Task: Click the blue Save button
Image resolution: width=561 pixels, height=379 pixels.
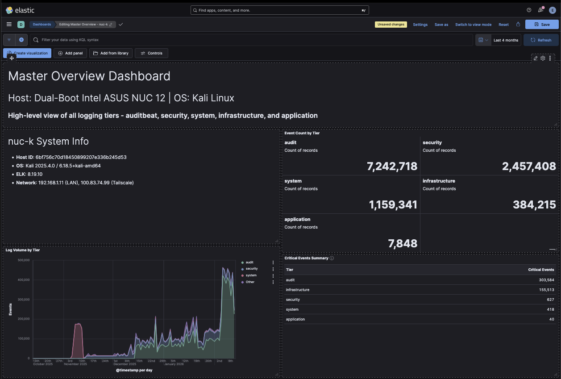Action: [x=541, y=25]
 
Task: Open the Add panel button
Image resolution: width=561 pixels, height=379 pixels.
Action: [x=71, y=53]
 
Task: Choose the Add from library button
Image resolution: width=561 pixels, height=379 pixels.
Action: [x=111, y=53]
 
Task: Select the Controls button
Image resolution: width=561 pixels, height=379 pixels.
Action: [x=151, y=53]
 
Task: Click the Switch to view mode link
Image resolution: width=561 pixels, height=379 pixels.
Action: [x=473, y=25]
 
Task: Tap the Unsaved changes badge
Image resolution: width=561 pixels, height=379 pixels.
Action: [x=391, y=25]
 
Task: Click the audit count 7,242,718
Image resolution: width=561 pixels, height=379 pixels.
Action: [x=392, y=167]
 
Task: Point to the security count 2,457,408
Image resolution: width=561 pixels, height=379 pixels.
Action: [x=529, y=167]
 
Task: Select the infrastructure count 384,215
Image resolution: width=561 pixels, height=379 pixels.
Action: [x=534, y=205]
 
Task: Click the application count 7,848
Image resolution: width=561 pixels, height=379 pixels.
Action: [x=403, y=243]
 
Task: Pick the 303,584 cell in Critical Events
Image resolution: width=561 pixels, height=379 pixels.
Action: [x=546, y=280]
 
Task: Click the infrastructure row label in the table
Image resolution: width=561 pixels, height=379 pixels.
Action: [x=298, y=290]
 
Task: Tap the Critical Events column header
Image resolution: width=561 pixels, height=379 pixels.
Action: [x=541, y=270]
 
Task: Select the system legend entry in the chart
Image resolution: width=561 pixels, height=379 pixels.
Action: [x=251, y=275]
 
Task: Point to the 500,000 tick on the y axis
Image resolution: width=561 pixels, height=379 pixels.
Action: [x=23, y=260]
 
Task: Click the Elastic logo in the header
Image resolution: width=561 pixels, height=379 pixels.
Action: [x=20, y=10]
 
